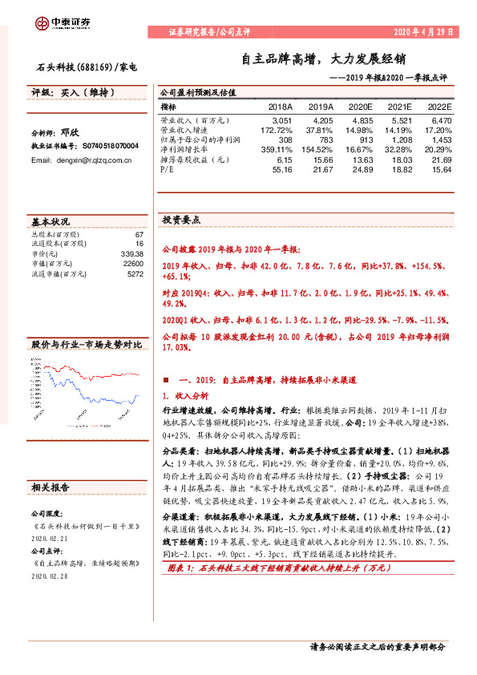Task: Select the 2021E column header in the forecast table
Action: pos(398,106)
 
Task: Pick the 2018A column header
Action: pos(280,106)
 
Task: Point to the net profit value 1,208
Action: pos(401,139)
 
